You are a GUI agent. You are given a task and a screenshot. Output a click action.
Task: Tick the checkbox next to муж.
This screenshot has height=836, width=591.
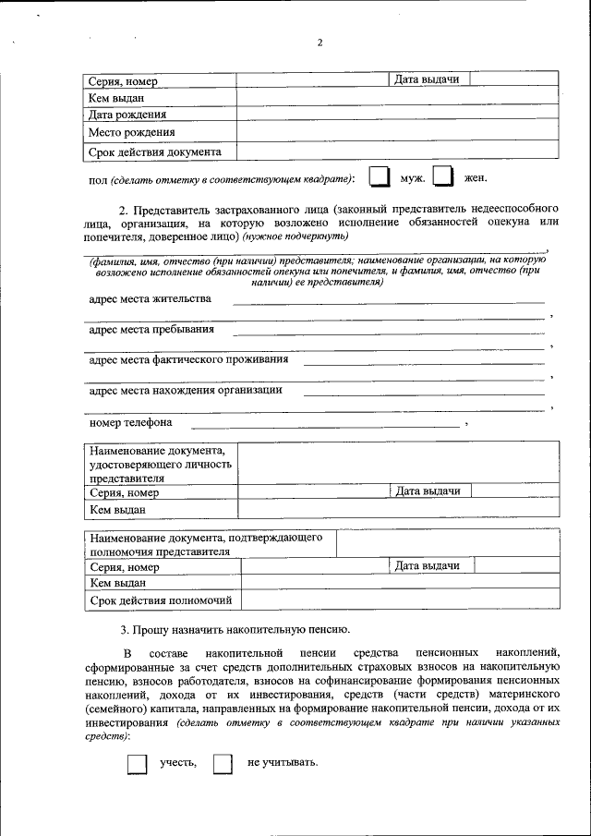379,177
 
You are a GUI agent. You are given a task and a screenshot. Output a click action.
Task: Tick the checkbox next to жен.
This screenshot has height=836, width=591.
443,177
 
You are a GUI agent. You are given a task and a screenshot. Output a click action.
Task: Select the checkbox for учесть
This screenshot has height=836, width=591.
136,763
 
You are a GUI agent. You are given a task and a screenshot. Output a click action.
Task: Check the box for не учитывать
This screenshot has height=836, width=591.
223,763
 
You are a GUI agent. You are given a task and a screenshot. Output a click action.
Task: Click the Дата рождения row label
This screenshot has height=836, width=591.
127,115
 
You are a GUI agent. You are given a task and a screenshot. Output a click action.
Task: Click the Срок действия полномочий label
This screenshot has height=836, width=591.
160,601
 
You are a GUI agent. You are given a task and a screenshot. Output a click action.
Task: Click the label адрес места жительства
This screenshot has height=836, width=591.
150,299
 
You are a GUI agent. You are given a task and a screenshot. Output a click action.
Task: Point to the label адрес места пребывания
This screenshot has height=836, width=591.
151,329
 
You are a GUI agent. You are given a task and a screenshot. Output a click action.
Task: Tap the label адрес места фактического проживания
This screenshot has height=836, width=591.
188,359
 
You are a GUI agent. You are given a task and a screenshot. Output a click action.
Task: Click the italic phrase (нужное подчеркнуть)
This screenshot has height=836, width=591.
295,236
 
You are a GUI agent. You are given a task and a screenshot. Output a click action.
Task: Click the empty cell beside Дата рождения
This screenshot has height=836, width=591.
397,114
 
